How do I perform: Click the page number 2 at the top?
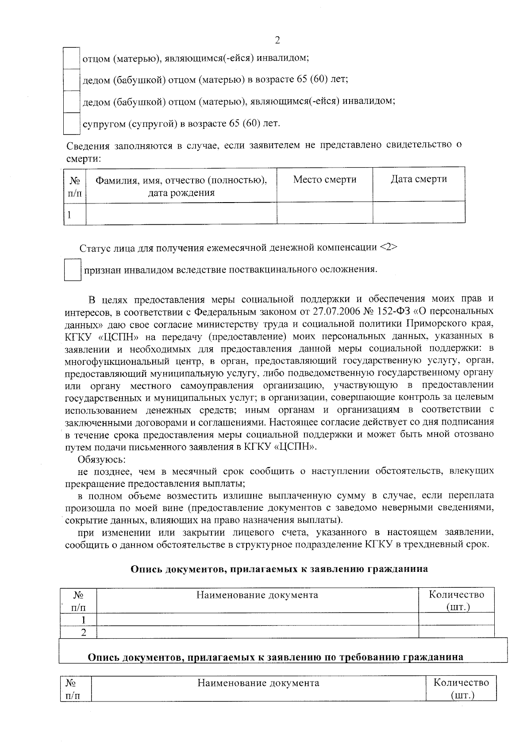point(277,40)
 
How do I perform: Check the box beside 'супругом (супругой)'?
point(71,123)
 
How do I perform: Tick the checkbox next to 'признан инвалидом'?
point(72,270)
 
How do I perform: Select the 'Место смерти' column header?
point(325,180)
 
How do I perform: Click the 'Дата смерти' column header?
point(419,179)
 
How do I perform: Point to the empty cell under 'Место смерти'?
point(325,213)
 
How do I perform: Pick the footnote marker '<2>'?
point(388,248)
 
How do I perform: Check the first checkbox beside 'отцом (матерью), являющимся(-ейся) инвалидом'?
point(71,58)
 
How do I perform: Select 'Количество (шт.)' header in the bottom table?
point(462,689)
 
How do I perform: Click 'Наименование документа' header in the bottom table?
point(258,683)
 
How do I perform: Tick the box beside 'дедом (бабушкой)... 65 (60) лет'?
point(71,80)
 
